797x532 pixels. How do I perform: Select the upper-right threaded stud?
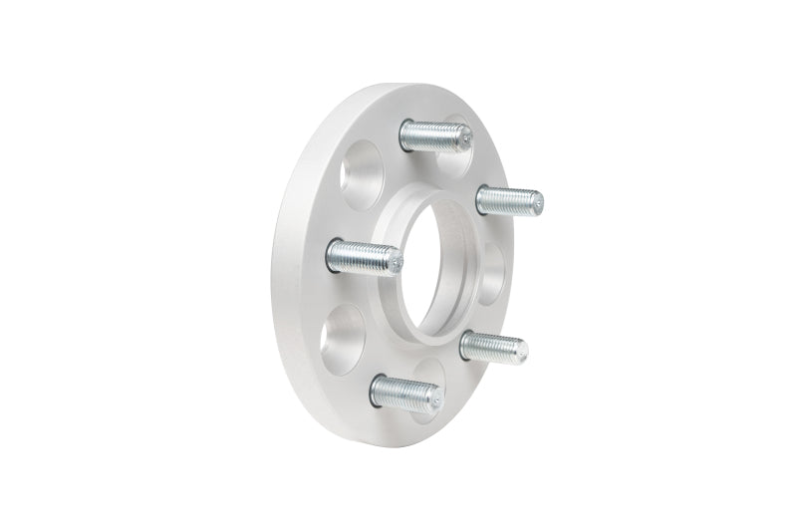click(x=508, y=201)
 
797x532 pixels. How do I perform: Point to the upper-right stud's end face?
click(x=538, y=202)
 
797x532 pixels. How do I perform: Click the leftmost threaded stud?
click(x=364, y=258)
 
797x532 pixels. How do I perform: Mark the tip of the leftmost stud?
click(x=397, y=262)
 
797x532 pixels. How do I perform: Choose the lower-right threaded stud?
click(x=493, y=348)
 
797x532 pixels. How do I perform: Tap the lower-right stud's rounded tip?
click(x=522, y=349)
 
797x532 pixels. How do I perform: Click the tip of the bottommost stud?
click(x=435, y=396)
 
